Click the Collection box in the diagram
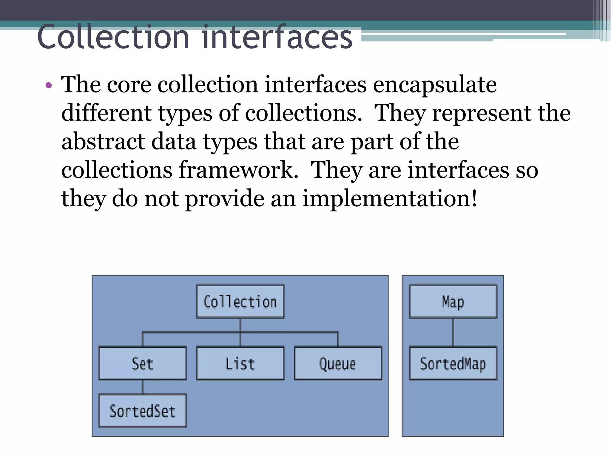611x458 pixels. click(240, 301)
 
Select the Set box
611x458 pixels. click(143, 363)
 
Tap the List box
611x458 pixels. click(240, 363)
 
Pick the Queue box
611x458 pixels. click(338, 363)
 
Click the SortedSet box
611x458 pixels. click(143, 411)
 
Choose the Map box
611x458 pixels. click(453, 301)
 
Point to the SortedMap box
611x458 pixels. click(453, 363)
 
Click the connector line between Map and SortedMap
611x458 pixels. click(453, 332)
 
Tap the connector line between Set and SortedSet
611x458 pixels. click(143, 387)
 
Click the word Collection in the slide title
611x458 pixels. click(113, 37)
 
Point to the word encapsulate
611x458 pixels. click(435, 85)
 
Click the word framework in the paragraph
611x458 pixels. click(239, 170)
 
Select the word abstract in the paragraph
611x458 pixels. click(103, 142)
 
